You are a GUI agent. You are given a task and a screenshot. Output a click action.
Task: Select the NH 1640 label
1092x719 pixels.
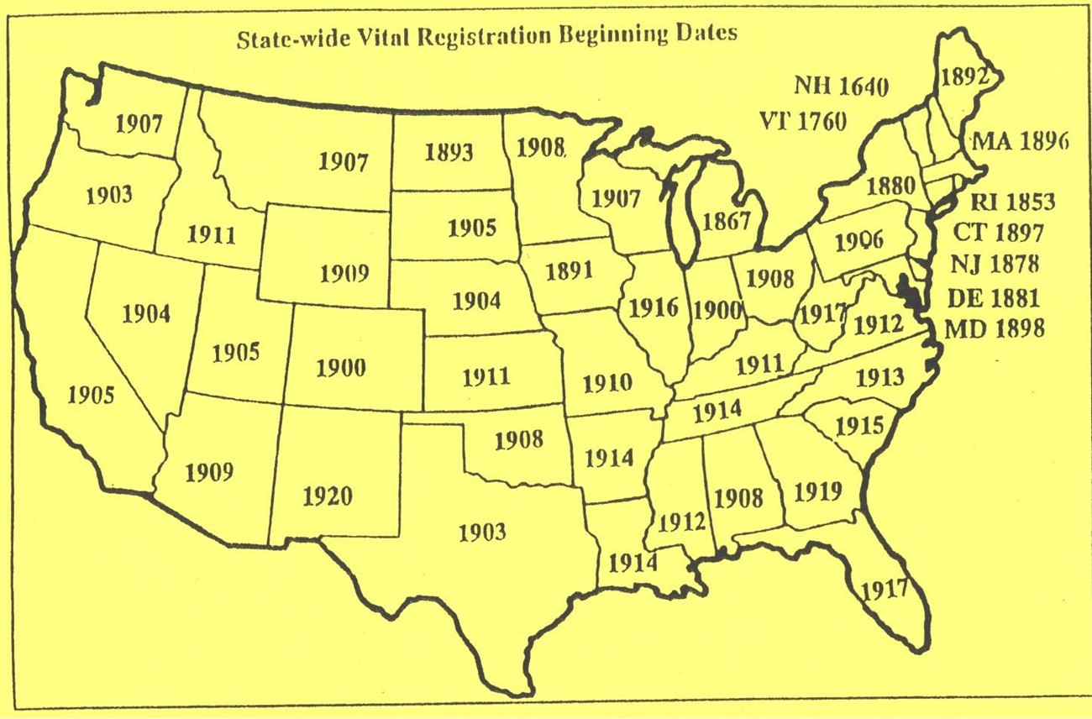[841, 86]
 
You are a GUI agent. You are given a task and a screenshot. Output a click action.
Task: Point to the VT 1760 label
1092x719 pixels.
[804, 120]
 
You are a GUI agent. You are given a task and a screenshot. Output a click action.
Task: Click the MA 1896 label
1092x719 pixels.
[1019, 142]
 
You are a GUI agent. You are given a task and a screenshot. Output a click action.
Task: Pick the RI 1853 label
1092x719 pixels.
[1011, 202]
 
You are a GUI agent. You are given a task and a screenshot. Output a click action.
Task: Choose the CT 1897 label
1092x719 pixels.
[998, 233]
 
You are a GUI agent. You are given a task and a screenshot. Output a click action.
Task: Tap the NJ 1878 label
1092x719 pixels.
[995, 265]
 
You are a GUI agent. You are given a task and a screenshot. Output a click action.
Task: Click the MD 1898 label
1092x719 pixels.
[995, 328]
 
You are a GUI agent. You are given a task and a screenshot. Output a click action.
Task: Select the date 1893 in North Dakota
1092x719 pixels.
[449, 152]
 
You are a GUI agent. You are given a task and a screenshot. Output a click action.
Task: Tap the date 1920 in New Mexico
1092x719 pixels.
[328, 496]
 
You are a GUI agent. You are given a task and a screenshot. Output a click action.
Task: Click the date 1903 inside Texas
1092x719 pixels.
[483, 531]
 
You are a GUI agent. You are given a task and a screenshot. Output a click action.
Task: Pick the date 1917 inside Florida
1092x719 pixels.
[885, 587]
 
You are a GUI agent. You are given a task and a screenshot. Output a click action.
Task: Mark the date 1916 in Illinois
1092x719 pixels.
[654, 307]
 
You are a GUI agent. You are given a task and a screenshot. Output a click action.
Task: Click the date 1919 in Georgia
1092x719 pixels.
[817, 491]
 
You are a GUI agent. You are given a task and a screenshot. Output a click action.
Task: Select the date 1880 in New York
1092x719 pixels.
[890, 185]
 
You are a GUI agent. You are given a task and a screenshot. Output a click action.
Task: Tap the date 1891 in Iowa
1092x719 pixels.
[569, 270]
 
